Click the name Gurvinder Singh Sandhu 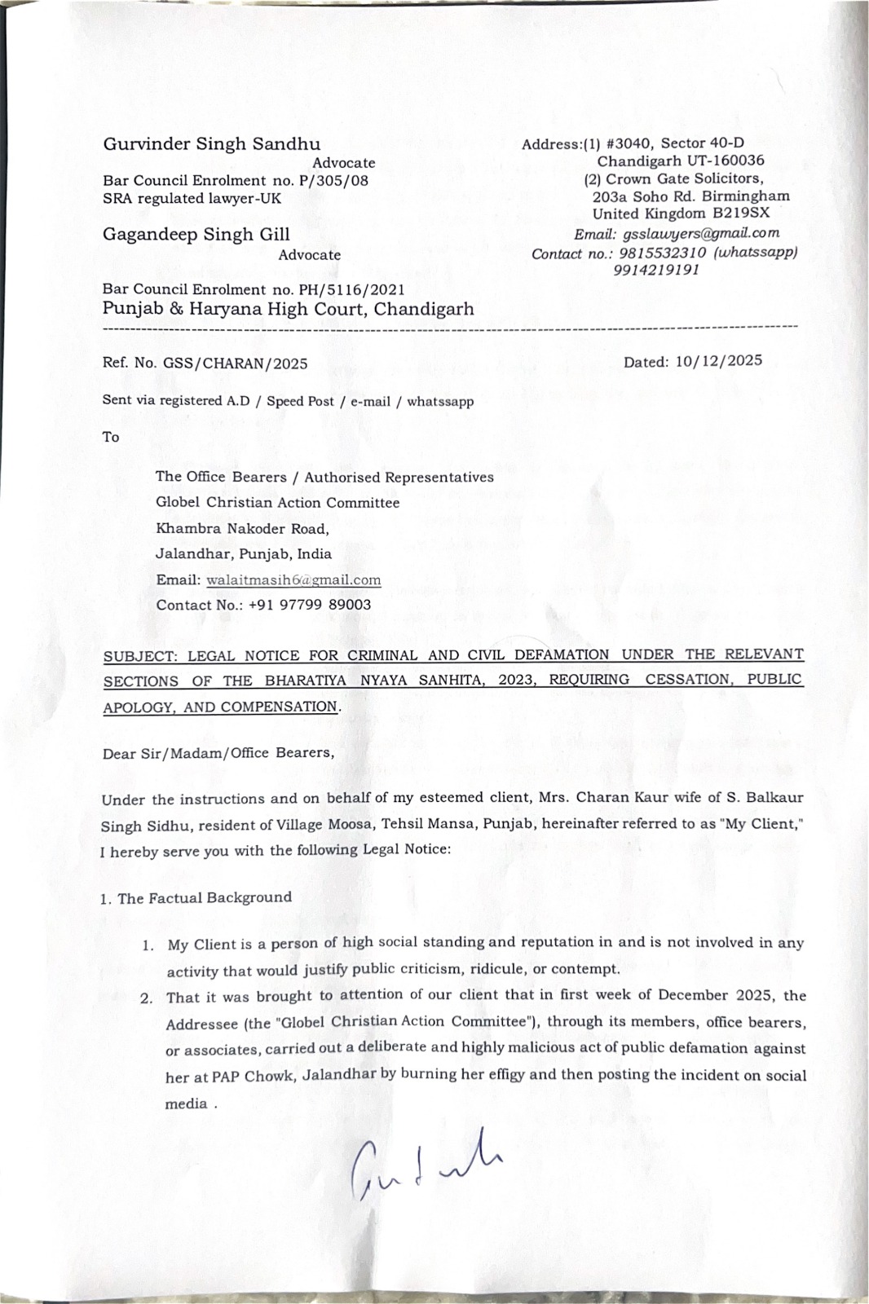(211, 144)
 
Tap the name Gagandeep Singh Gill (196, 235)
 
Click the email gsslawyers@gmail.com (700, 233)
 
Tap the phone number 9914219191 (656, 269)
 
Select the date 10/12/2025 (718, 361)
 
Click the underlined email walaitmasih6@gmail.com (293, 579)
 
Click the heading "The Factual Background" (205, 898)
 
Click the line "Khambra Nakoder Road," (242, 528)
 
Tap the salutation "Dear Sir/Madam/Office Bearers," (218, 753)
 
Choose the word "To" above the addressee (111, 437)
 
